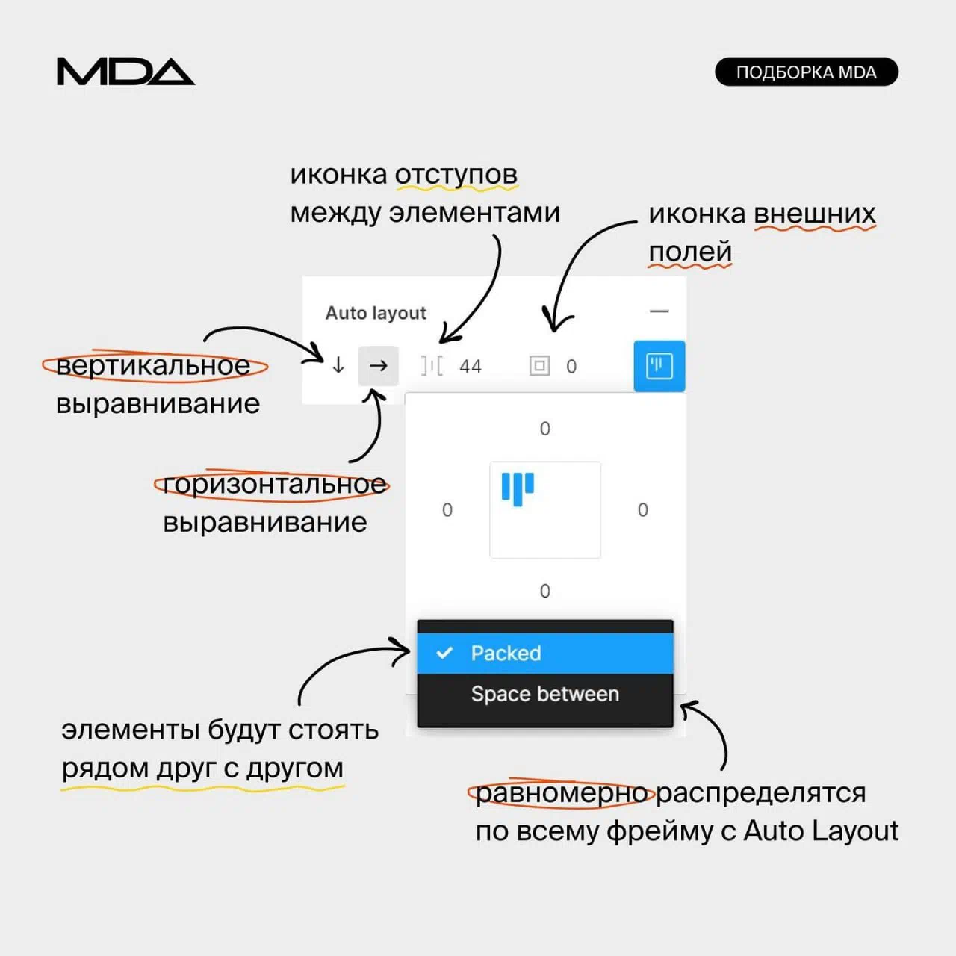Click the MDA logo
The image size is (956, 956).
[x=125, y=72]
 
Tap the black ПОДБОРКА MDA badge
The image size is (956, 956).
[x=806, y=72]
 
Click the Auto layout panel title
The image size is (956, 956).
[x=376, y=313]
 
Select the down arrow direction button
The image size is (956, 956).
[x=338, y=365]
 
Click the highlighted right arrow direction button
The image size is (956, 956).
[x=379, y=365]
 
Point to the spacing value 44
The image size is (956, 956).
[x=471, y=367]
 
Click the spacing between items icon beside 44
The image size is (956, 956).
[x=432, y=366]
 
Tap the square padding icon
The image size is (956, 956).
[x=539, y=366]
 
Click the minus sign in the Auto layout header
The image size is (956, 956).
[x=659, y=311]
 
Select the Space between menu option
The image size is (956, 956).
[x=545, y=695]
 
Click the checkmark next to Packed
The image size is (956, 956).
[x=444, y=653]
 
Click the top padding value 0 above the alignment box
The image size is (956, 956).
[x=545, y=429]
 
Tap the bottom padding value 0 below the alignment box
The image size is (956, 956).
[x=545, y=591]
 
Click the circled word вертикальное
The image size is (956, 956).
[x=154, y=366]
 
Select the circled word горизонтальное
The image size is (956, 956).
[x=273, y=485]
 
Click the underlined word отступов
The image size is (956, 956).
[x=456, y=175]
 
